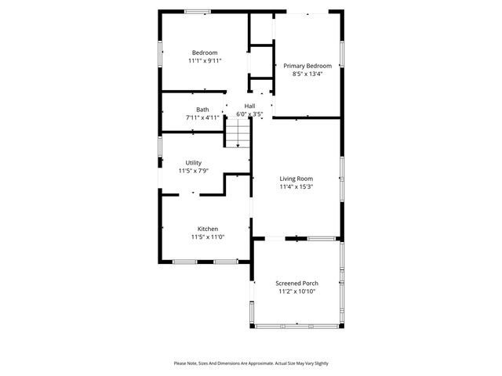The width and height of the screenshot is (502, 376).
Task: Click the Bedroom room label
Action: [204, 52]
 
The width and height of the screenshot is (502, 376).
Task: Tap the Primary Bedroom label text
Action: [307, 66]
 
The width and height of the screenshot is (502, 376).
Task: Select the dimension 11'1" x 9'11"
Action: [204, 60]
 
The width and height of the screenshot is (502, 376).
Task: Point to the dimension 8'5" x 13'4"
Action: [307, 74]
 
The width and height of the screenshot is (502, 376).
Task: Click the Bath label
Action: [202, 110]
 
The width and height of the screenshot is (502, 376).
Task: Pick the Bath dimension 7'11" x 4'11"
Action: [202, 117]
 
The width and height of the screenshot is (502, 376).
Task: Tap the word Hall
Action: [249, 106]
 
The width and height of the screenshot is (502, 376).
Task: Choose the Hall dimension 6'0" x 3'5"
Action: [249, 114]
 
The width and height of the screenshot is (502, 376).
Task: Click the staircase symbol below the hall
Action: [238, 136]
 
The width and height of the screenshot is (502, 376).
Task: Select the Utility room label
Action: [193, 163]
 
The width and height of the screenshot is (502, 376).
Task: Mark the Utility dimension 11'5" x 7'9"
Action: [193, 171]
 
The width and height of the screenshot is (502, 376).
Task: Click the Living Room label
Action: [296, 179]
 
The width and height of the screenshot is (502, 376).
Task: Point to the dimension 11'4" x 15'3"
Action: [296, 186]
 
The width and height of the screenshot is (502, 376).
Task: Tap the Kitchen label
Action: [207, 229]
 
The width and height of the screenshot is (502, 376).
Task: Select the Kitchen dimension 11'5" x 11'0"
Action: [207, 237]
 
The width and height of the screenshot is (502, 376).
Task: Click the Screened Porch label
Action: [296, 283]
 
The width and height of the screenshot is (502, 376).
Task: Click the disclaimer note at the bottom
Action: [251, 363]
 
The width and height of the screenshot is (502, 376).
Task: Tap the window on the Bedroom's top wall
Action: [197, 11]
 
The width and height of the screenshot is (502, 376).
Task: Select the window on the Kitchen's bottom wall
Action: [199, 261]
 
